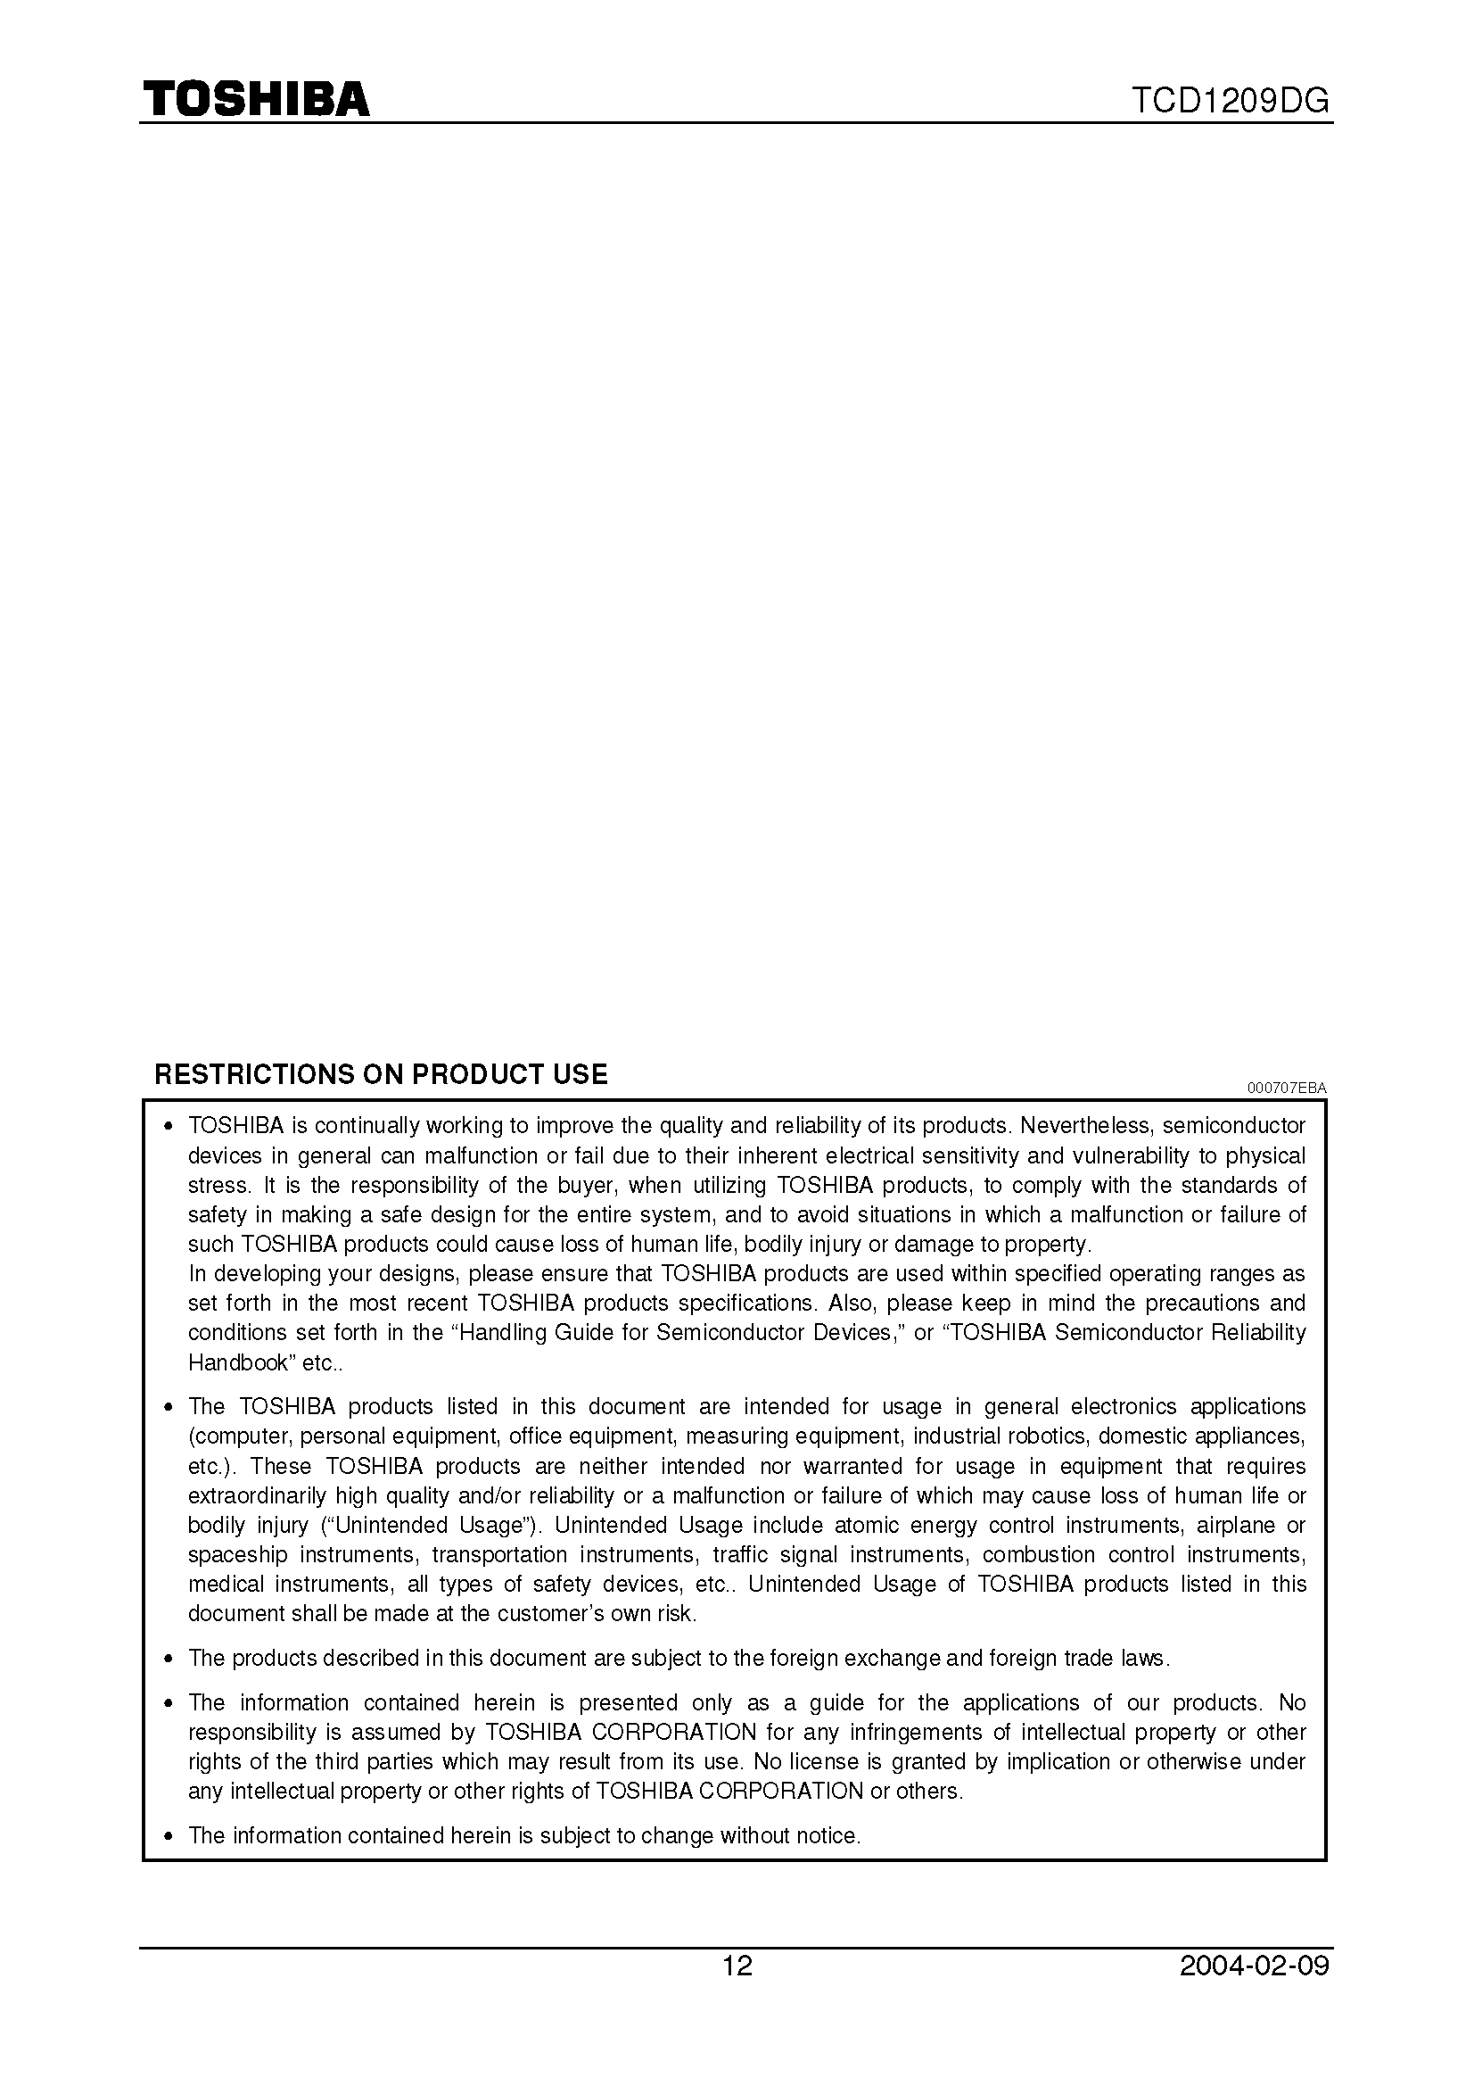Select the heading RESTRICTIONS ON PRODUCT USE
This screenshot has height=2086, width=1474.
(381, 1074)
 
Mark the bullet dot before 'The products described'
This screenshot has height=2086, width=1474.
(167, 1659)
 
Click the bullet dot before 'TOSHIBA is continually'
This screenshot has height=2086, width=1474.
(167, 1127)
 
